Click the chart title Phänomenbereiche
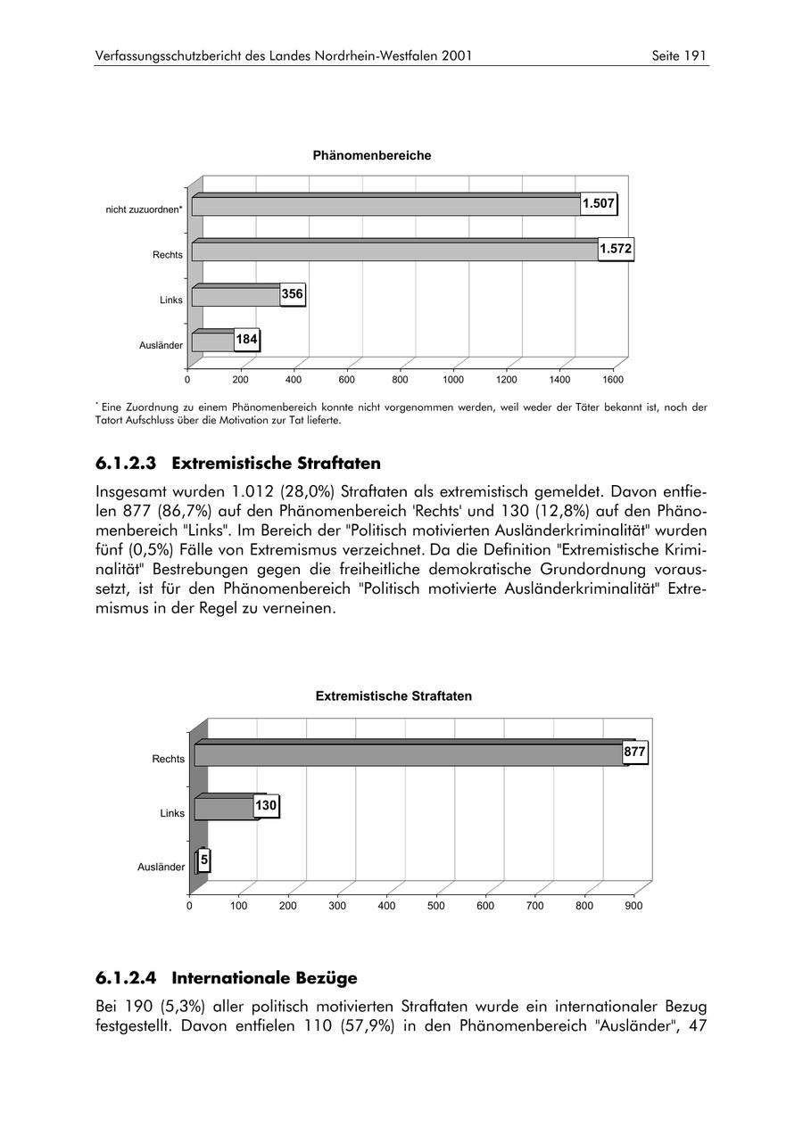372,156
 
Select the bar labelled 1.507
385,206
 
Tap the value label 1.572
616,250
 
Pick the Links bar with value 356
236,296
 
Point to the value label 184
246,340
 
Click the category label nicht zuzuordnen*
145,210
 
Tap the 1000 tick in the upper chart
453,380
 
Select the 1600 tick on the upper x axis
613,380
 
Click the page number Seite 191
679,56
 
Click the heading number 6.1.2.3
126,464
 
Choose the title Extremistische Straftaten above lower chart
393,696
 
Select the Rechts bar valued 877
410,755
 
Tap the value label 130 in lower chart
266,806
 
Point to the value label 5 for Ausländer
204,860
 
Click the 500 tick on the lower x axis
436,906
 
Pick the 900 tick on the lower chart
633,906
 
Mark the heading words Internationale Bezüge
264,978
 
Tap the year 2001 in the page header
456,56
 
